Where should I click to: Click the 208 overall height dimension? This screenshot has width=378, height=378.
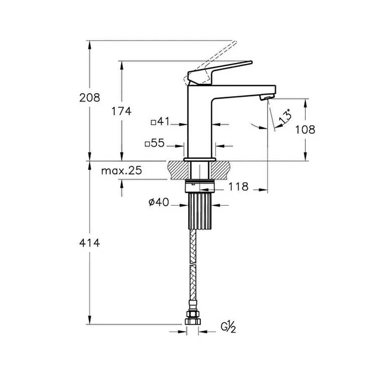click(x=90, y=98)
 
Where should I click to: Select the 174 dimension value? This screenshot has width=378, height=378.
click(x=121, y=111)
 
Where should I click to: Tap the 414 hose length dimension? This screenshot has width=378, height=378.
click(x=90, y=242)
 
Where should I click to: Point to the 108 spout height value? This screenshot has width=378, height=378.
click(x=305, y=129)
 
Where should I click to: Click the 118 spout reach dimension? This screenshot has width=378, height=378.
click(x=239, y=186)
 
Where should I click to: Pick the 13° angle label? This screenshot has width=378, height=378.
click(x=285, y=116)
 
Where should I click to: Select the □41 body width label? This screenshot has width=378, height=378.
click(x=160, y=122)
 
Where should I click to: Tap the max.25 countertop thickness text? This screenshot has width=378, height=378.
click(x=122, y=171)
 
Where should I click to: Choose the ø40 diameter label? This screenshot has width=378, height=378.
click(x=158, y=203)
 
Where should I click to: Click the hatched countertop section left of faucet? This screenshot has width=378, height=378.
click(x=178, y=170)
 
